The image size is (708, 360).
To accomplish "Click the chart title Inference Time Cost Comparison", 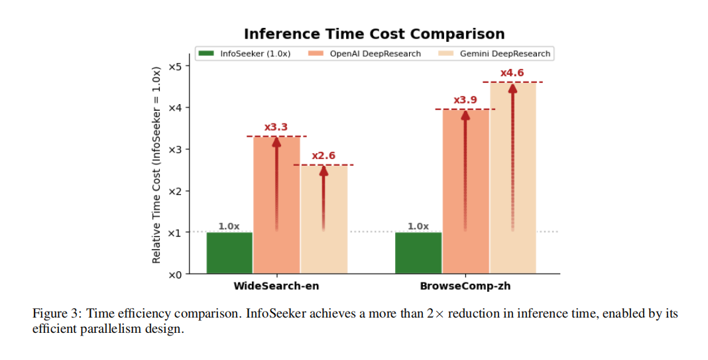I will (x=374, y=34).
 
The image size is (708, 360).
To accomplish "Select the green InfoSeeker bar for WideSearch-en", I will (x=229, y=253).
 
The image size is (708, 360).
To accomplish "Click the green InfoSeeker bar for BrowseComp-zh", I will (x=418, y=253).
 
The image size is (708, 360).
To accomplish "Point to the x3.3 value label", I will (x=276, y=127).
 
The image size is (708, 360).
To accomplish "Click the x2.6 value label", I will (x=324, y=156).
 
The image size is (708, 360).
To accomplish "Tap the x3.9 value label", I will (x=465, y=99).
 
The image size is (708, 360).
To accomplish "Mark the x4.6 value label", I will (x=512, y=72).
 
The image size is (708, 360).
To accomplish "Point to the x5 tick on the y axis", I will (x=175, y=66).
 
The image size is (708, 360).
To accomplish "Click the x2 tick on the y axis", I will (x=175, y=191).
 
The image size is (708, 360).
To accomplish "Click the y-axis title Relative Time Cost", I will (x=156, y=164).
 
